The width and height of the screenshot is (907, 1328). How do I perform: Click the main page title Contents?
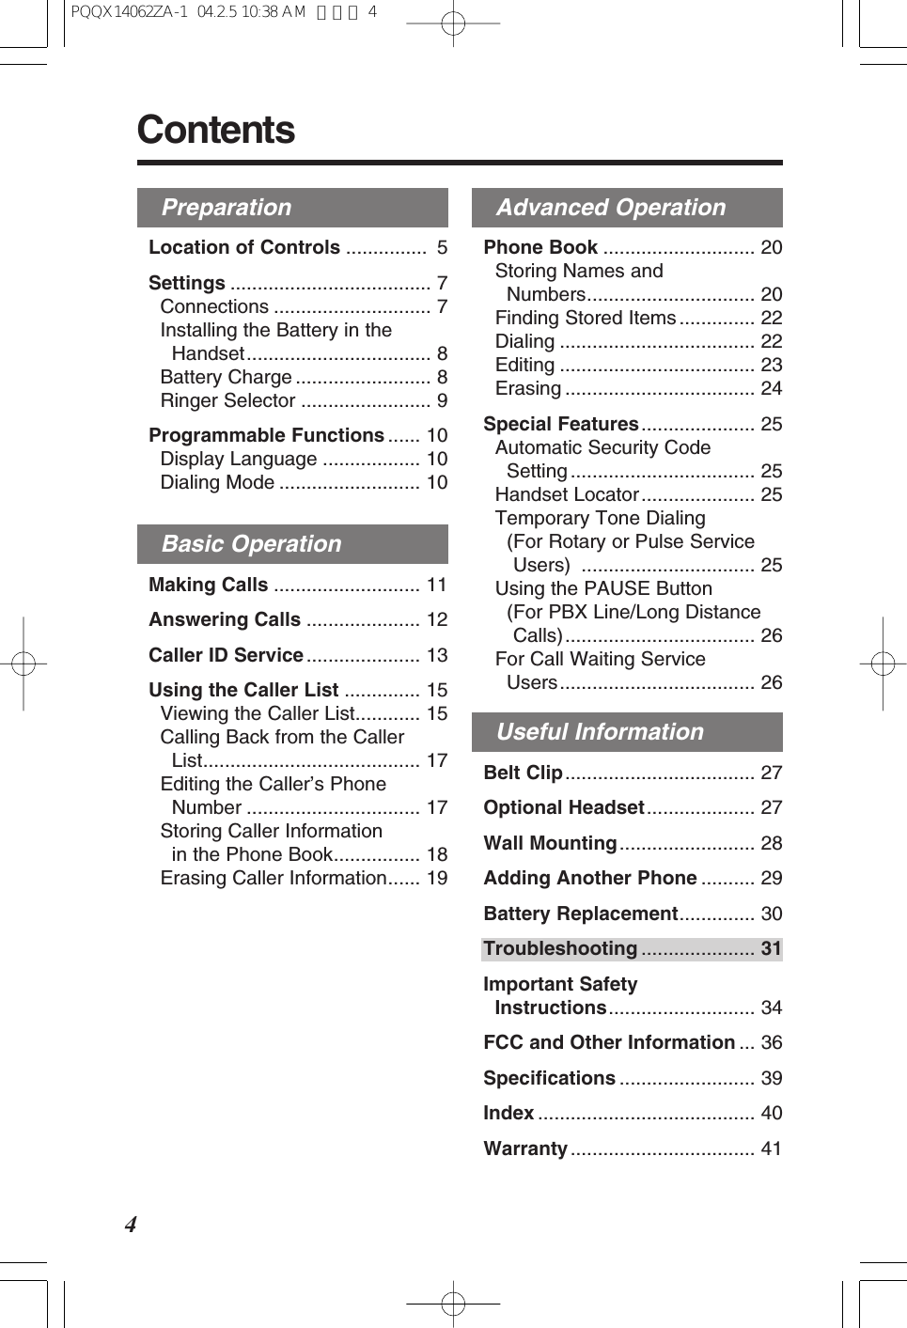pyautogui.click(x=216, y=130)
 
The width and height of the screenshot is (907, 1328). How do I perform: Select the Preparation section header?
pyautogui.click(x=227, y=208)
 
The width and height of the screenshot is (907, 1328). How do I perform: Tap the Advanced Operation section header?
pyautogui.click(x=611, y=208)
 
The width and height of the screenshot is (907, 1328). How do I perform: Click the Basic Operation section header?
pyautogui.click(x=251, y=544)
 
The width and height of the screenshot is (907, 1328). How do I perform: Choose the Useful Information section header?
pyautogui.click(x=600, y=732)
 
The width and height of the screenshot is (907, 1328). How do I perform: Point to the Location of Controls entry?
pyautogui.click(x=244, y=247)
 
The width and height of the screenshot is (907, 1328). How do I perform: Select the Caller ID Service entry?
pyautogui.click(x=226, y=655)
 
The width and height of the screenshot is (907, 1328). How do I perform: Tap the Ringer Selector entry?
pyautogui.click(x=227, y=400)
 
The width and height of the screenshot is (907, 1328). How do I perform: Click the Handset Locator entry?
pyautogui.click(x=567, y=494)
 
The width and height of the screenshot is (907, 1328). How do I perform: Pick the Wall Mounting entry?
pyautogui.click(x=550, y=843)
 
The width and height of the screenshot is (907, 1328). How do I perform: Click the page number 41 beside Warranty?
pyautogui.click(x=771, y=1148)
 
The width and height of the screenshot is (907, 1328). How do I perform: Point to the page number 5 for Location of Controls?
pyautogui.click(x=442, y=247)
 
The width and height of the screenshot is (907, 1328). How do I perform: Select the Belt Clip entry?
pyautogui.click(x=523, y=773)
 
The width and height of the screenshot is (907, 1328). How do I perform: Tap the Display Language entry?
pyautogui.click(x=239, y=459)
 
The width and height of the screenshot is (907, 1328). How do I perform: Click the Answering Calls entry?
pyautogui.click(x=225, y=619)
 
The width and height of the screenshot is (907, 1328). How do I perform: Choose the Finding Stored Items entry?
pyautogui.click(x=586, y=318)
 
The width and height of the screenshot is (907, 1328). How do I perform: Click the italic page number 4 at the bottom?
pyautogui.click(x=131, y=1225)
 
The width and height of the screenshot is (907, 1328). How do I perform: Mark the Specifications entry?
pyautogui.click(x=549, y=1078)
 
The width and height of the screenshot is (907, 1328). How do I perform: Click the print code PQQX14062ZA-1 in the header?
pyautogui.click(x=129, y=12)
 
